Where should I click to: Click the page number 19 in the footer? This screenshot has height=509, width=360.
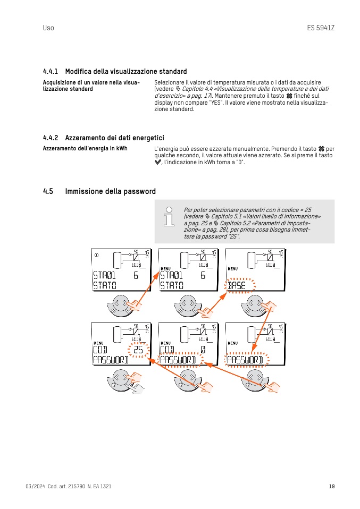(331, 486)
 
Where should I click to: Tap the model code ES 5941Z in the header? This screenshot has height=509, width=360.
(321, 28)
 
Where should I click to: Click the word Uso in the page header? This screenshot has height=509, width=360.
(48, 28)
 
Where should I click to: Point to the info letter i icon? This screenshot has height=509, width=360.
(169, 215)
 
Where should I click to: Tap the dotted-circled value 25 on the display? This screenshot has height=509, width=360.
(138, 349)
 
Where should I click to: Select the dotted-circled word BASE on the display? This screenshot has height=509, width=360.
(237, 286)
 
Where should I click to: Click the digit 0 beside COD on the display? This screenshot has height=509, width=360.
(203, 349)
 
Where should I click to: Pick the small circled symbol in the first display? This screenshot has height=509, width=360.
(96, 255)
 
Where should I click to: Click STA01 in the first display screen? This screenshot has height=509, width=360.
(104, 275)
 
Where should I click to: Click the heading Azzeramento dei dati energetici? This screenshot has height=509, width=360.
(114, 138)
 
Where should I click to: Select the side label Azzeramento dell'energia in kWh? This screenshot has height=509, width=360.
(85, 148)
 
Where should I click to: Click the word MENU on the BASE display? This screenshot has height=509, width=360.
(232, 269)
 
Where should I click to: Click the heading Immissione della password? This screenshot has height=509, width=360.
(111, 191)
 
